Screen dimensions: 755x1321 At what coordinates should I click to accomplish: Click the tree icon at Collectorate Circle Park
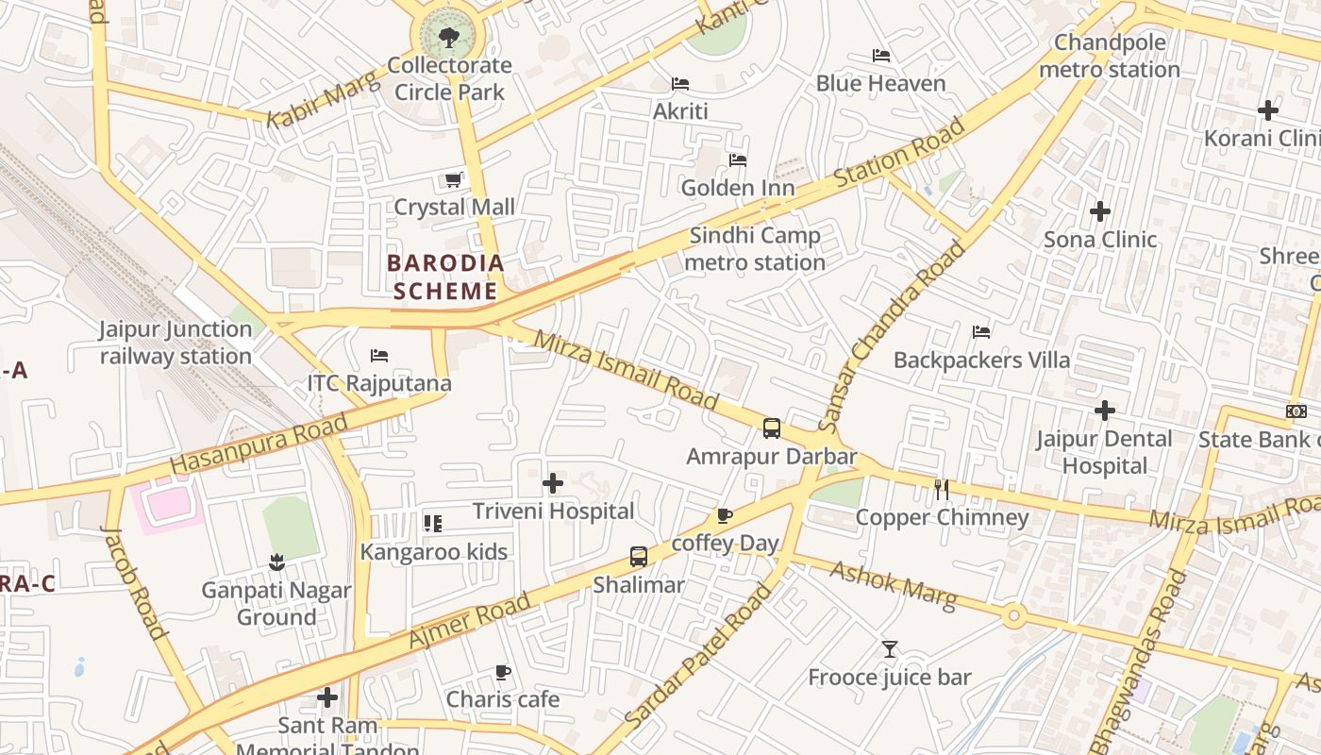[x=449, y=38]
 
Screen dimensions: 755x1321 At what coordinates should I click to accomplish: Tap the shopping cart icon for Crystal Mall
[x=454, y=179]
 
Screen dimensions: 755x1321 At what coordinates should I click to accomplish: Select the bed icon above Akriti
[x=680, y=83]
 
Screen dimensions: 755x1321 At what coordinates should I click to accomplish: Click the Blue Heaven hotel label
[x=880, y=83]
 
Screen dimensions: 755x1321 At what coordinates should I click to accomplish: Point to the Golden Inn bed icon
[x=738, y=160]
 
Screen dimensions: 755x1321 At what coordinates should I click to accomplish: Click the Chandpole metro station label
[x=1110, y=56]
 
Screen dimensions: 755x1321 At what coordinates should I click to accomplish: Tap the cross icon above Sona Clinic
[x=1099, y=211]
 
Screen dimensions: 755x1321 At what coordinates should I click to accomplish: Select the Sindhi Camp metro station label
[x=755, y=248]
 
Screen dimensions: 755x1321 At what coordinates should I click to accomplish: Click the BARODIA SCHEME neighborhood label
[x=444, y=277]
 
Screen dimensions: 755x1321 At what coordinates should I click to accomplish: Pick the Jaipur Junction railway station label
[x=176, y=343]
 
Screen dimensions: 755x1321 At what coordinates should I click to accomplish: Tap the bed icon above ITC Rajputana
[x=379, y=356]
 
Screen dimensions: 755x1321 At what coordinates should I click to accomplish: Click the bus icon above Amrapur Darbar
[x=772, y=428]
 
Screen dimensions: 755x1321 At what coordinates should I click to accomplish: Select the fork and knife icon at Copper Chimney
[x=941, y=489]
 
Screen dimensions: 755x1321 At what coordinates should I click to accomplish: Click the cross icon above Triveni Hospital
[x=553, y=484]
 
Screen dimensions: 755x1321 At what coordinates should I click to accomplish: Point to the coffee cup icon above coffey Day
[x=725, y=515]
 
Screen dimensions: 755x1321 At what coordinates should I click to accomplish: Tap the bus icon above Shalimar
[x=639, y=557]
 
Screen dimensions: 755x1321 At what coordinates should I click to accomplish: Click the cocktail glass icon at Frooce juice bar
[x=889, y=649]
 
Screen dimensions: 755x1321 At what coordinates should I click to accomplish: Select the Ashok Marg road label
[x=893, y=584]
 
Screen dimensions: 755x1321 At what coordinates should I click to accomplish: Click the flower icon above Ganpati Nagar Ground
[x=276, y=563]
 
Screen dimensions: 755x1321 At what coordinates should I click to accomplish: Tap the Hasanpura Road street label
[x=259, y=445]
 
